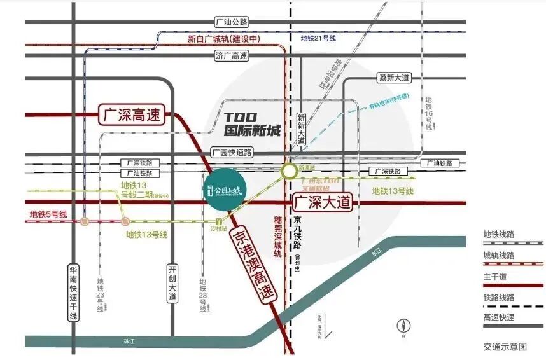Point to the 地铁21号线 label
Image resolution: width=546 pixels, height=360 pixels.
click(318, 39)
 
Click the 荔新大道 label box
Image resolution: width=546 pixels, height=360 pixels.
click(395, 78)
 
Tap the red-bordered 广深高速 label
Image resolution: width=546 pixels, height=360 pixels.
click(132, 115)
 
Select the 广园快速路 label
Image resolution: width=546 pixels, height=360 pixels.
click(231, 153)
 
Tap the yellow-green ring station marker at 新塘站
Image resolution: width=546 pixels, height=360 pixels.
click(290, 170)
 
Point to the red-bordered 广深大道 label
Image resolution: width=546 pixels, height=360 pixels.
click(323, 203)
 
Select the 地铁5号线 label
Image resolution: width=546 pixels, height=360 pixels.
click(48, 214)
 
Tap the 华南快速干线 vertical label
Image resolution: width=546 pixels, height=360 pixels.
click(73, 292)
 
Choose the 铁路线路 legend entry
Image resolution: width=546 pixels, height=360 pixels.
click(499, 297)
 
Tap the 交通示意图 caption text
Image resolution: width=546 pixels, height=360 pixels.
click(505, 347)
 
